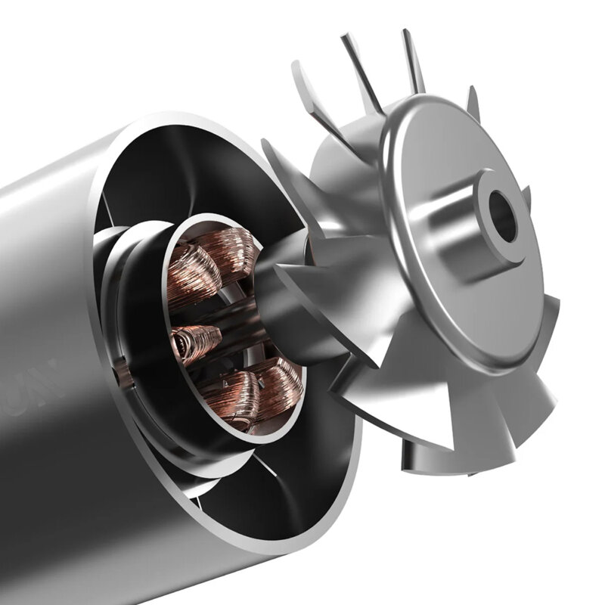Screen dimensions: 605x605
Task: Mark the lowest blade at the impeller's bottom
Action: pyautogui.click(x=423, y=454)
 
